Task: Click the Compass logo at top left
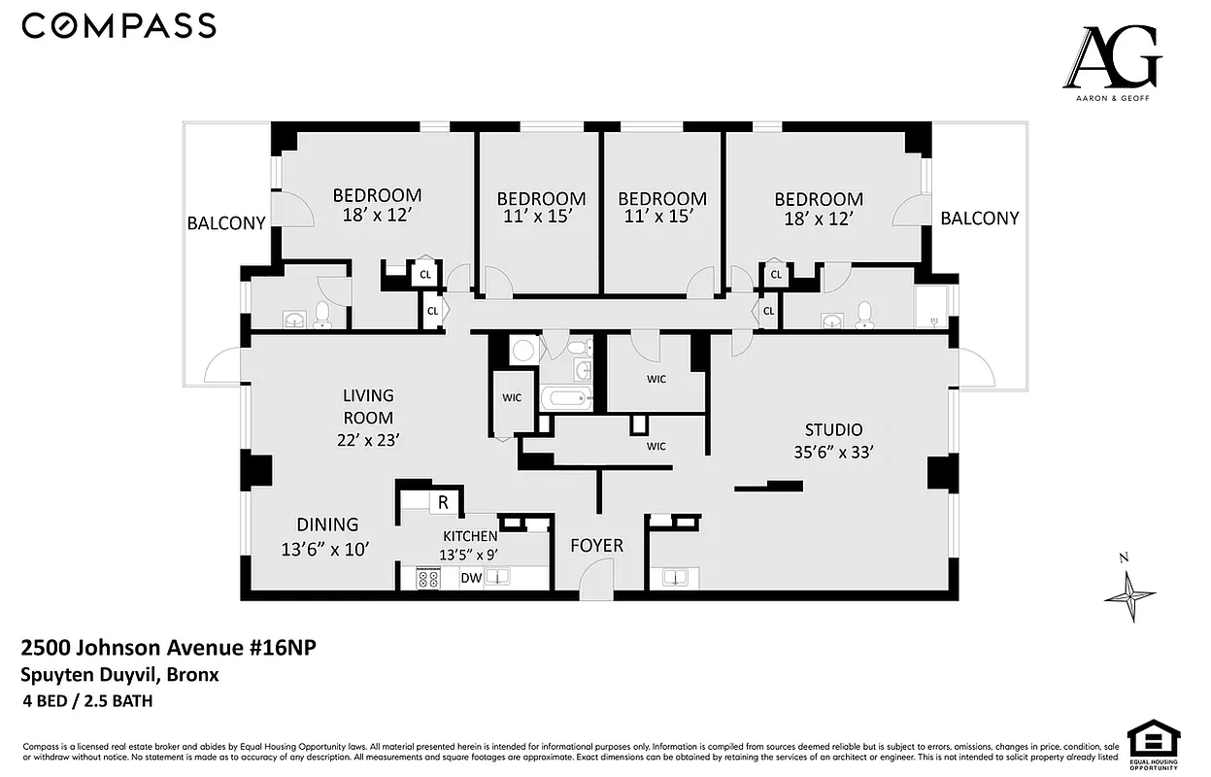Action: click(118, 26)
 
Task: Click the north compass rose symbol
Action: click(1130, 591)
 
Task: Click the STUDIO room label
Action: click(832, 429)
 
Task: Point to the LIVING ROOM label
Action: click(368, 406)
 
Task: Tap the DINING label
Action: click(327, 524)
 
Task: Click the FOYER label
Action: click(596, 546)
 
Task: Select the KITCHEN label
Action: click(470, 536)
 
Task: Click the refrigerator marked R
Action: click(443, 503)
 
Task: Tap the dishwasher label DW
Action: click(471, 578)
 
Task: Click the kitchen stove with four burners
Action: click(428, 578)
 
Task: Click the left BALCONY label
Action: click(226, 223)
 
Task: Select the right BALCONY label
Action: click(979, 219)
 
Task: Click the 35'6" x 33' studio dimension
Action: click(832, 452)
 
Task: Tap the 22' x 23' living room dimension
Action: click(368, 439)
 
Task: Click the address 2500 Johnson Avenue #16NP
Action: click(169, 649)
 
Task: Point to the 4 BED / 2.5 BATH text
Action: click(88, 700)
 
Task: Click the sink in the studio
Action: click(675, 578)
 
